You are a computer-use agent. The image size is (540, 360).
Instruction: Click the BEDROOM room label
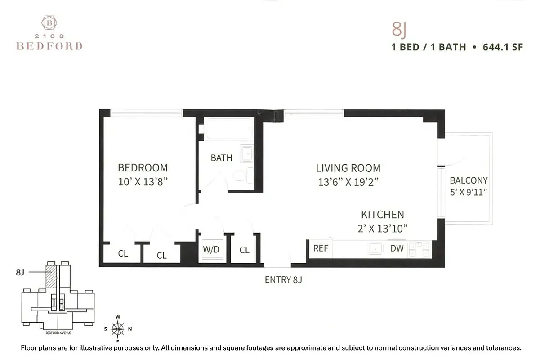coord(143,168)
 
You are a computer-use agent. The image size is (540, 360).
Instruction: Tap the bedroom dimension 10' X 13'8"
coord(143,182)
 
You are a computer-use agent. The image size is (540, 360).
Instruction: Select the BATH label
coord(221,158)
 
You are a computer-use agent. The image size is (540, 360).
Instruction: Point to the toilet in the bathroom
coord(241,175)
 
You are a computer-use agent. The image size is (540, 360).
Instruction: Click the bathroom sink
coord(246,154)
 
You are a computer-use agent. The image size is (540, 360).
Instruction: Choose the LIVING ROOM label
coord(348,168)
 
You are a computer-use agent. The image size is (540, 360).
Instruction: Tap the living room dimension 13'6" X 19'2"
coord(348,182)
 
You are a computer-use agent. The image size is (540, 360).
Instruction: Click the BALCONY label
coord(469,180)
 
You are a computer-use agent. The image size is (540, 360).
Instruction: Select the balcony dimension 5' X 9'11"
coord(469,192)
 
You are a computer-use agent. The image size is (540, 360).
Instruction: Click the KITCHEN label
coord(382,215)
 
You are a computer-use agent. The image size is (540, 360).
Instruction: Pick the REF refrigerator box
coord(321,248)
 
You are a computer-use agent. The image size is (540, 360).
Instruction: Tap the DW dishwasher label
coord(397,248)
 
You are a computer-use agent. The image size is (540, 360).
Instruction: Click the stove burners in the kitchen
coord(420,249)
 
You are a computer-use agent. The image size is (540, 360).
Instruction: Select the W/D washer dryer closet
coord(211,249)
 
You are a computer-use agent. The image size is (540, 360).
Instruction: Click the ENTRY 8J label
coord(283,280)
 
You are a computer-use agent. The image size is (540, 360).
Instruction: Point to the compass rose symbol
coord(118,329)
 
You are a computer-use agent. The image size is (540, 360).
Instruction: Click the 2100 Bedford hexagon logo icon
coord(49,23)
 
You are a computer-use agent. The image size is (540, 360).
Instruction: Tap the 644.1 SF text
coord(503,47)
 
